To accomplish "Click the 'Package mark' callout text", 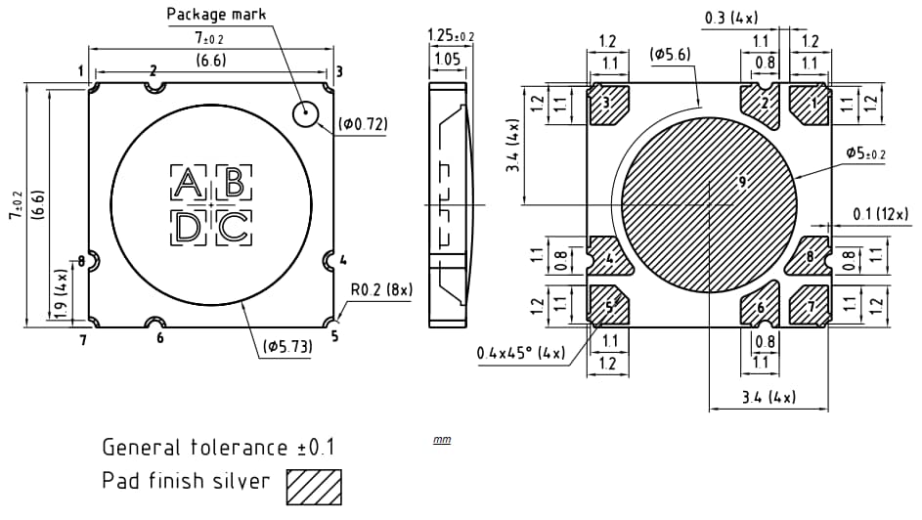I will [x=216, y=14].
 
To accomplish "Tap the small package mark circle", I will [x=307, y=114].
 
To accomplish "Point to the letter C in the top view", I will [x=234, y=228].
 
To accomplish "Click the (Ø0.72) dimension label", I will [x=363, y=124].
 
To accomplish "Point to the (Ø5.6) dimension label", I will [x=670, y=55].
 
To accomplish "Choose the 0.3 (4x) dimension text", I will [x=731, y=17].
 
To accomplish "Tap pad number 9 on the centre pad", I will [x=742, y=182].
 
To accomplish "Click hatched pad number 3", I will [x=607, y=103].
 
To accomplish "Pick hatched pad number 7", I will [x=810, y=307].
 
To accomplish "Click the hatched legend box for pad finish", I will [x=314, y=485].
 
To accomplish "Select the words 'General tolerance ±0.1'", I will [x=219, y=448].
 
